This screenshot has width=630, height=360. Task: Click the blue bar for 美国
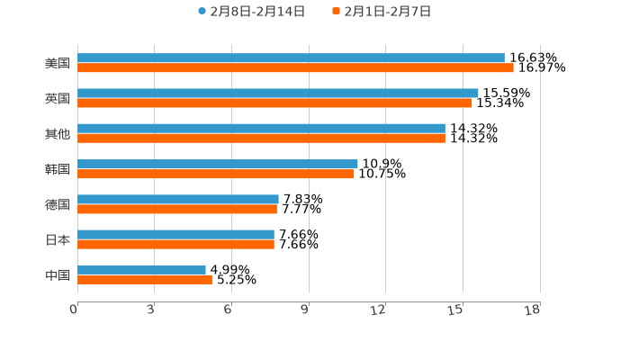click(x=291, y=58)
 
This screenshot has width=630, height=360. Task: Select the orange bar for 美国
click(x=295, y=67)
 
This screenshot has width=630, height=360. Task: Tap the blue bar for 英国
click(x=278, y=93)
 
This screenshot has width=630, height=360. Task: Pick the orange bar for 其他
click(x=261, y=138)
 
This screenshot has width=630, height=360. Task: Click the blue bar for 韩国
click(x=218, y=164)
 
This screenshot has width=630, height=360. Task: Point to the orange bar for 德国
click(x=177, y=209)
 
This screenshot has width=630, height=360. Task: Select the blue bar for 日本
click(x=175, y=234)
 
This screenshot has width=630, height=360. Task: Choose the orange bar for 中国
click(x=145, y=279)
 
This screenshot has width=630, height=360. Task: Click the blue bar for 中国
click(x=141, y=269)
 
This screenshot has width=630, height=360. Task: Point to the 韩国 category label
click(x=58, y=169)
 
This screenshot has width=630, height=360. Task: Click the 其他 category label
click(x=58, y=134)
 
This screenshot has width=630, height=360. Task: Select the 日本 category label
click(x=58, y=239)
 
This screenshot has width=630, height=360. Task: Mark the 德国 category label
click(x=58, y=204)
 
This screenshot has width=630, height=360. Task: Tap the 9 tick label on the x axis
click(x=305, y=310)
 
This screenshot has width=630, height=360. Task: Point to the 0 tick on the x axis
click(x=74, y=310)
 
